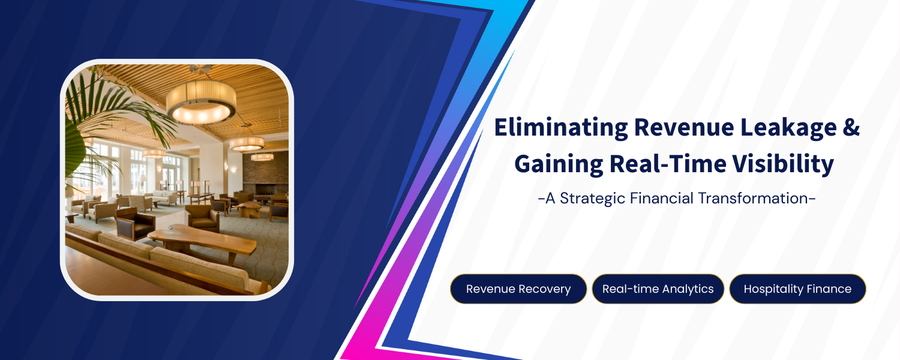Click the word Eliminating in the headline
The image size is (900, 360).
pyautogui.click(x=561, y=128)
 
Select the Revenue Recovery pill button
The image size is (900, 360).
pyautogui.click(x=518, y=289)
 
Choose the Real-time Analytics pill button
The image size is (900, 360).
pyautogui.click(x=658, y=289)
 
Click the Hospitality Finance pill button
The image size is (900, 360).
pyautogui.click(x=797, y=289)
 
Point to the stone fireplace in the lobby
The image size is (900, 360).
pyautogui.click(x=265, y=173)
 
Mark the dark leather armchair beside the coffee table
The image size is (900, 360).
pyautogui.click(x=135, y=223)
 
